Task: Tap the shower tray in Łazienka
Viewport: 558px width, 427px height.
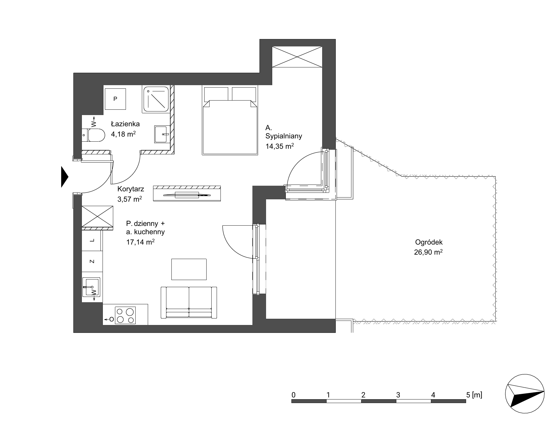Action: point(156,99)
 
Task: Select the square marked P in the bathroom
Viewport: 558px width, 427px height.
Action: point(115,99)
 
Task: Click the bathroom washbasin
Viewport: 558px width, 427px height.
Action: point(162,134)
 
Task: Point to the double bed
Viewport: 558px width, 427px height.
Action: point(230,120)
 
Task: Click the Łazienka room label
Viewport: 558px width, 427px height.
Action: point(125,124)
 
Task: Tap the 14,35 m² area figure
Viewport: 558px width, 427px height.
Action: point(280,146)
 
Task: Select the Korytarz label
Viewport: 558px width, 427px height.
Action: point(131,189)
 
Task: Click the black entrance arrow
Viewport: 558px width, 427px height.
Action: point(65,177)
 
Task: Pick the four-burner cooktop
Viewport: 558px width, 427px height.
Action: point(125,316)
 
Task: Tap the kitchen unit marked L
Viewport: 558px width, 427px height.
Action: point(92,240)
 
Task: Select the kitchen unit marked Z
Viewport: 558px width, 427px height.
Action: point(92,261)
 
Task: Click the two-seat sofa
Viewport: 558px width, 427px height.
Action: point(189,303)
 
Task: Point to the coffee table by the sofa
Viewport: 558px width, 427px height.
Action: point(189,269)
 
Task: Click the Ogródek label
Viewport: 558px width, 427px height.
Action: point(429,242)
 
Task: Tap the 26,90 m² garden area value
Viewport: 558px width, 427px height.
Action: point(428,252)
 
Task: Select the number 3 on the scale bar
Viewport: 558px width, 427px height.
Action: point(398,395)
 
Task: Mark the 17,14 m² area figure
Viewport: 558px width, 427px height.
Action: point(140,242)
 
